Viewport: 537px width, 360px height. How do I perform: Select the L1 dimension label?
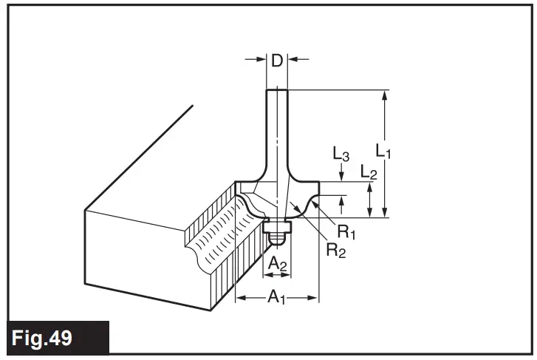pyautogui.click(x=383, y=152)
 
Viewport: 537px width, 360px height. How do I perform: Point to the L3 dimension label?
pyautogui.click(x=341, y=155)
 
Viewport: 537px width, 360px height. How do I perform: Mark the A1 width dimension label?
pyautogui.click(x=276, y=297)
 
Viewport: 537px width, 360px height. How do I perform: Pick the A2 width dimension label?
pyautogui.click(x=276, y=263)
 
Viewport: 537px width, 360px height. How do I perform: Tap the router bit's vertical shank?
pyautogui.click(x=277, y=126)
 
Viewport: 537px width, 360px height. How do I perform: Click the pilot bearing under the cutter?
pyautogui.click(x=277, y=225)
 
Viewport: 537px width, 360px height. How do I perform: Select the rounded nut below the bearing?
pyautogui.click(x=277, y=239)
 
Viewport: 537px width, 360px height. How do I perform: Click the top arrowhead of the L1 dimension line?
pyautogui.click(x=384, y=94)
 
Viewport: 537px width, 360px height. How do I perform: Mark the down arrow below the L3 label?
pyautogui.click(x=341, y=174)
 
